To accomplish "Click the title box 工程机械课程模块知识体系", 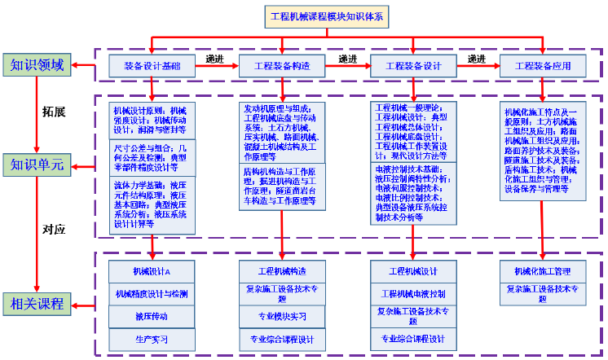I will tap(331, 16).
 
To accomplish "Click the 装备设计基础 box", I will tap(152, 65).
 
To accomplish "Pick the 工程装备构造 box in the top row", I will tap(283, 65).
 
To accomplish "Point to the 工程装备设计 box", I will tap(413, 65).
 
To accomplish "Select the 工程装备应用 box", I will tap(544, 65).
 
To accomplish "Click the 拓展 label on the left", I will tap(54, 110).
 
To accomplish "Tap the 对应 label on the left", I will tap(54, 230).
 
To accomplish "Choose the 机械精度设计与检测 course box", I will tap(152, 293).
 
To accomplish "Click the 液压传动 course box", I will tap(152, 315).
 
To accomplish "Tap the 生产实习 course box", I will tap(152, 338).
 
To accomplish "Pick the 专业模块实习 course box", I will tap(283, 316).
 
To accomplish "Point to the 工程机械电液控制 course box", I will tap(413, 293).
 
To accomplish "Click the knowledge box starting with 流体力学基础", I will tap(152, 204).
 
